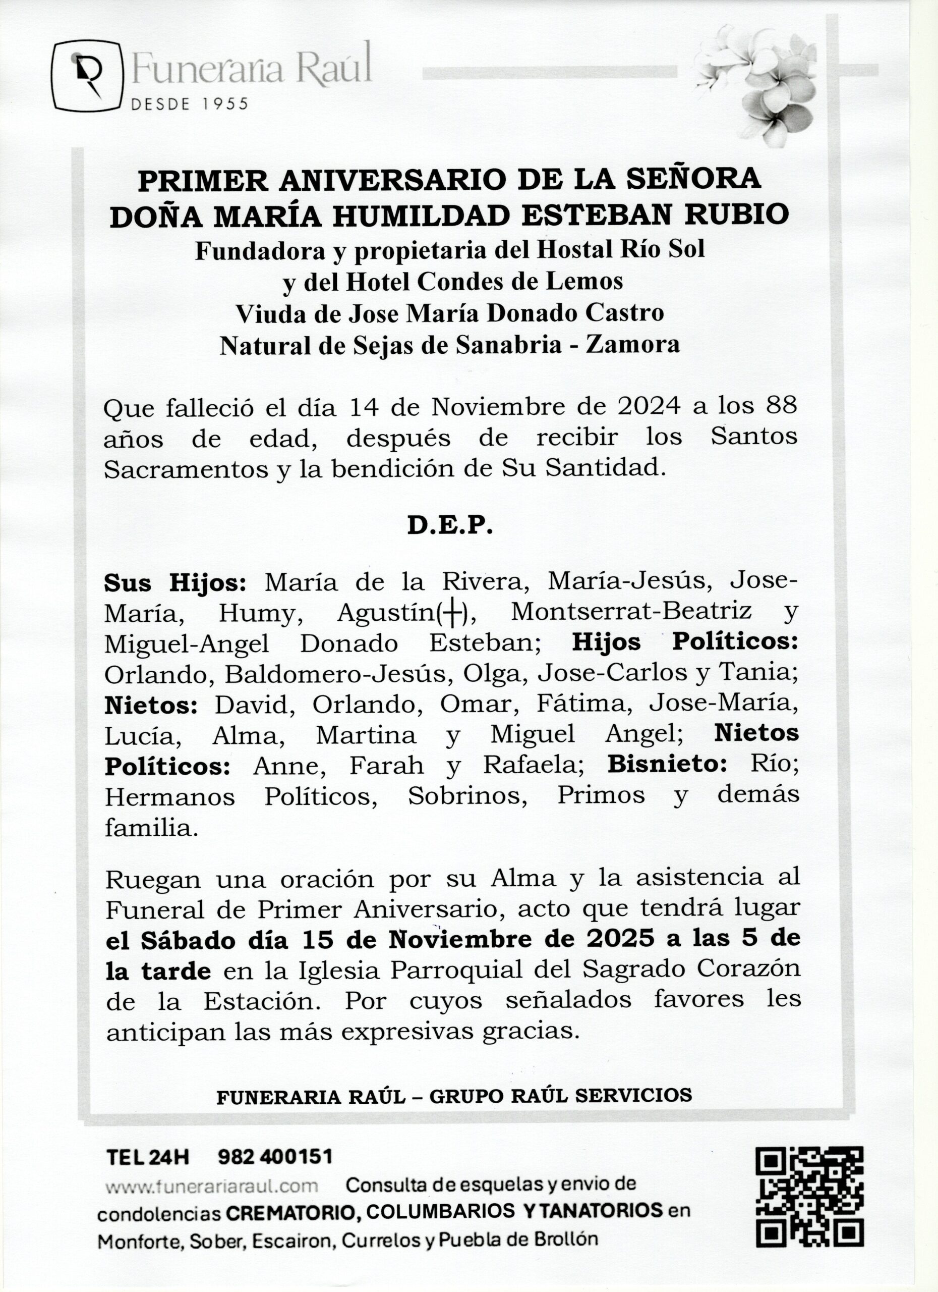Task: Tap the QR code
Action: (809, 1196)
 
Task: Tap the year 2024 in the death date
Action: (649, 407)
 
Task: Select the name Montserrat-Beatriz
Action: (631, 612)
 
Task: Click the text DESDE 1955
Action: (190, 104)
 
